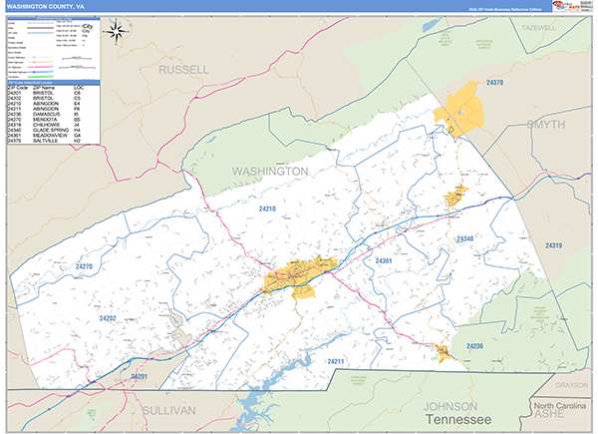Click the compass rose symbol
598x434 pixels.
pyautogui.click(x=118, y=32)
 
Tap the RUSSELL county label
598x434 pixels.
pyautogui.click(x=184, y=70)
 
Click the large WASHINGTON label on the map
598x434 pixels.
pyautogui.click(x=269, y=172)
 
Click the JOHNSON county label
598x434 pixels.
pyautogui.click(x=454, y=407)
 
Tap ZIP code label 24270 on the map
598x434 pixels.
pyautogui.click(x=82, y=267)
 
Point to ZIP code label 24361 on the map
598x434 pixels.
pyautogui.click(x=387, y=260)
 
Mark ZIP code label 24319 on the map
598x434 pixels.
pyautogui.click(x=554, y=245)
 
